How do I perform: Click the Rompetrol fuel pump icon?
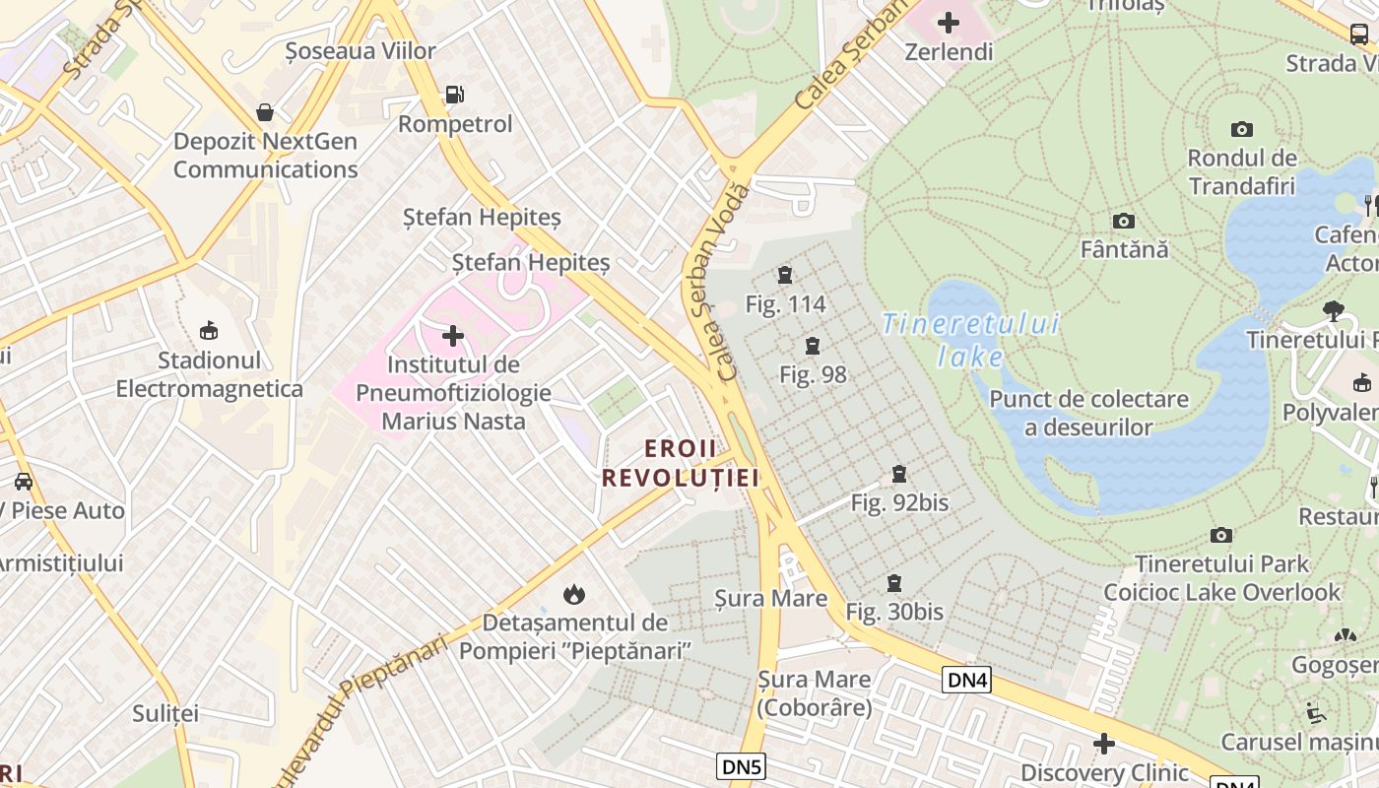[454, 95]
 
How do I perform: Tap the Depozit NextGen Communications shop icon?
[264, 112]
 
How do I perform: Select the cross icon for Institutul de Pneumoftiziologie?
[453, 336]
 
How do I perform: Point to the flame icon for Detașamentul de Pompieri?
[574, 594]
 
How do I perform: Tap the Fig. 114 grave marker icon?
[785, 275]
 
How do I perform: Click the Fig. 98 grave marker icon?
[813, 346]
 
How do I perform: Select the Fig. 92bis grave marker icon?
[899, 474]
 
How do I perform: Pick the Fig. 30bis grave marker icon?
[894, 583]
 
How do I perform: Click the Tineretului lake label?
[971, 338]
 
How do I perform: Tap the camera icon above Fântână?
[1124, 221]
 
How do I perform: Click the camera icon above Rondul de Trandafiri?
[1242, 129]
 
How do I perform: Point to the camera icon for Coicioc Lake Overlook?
[1221, 535]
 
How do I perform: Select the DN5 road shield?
[741, 766]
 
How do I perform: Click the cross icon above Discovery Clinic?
[1104, 744]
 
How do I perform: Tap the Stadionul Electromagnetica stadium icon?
[209, 330]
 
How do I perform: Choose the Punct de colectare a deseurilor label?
[1088, 413]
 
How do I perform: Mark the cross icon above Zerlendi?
[949, 22]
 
